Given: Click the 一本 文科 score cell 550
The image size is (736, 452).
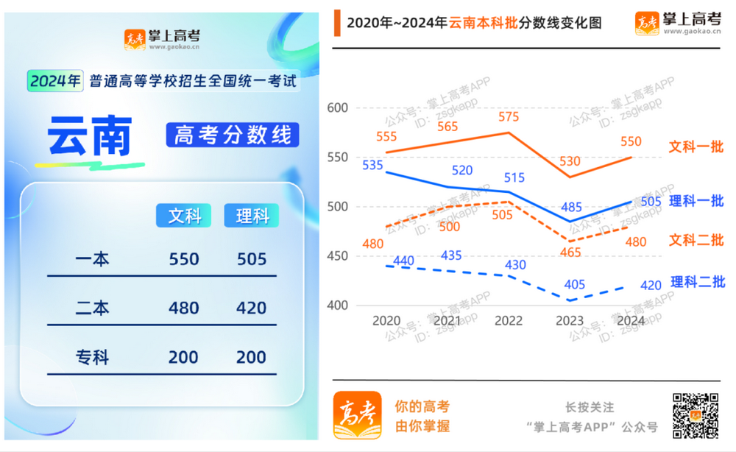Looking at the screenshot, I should (x=184, y=259).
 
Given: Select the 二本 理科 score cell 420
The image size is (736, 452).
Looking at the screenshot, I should (x=251, y=308).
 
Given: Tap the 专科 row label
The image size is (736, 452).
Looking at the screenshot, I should (x=93, y=358).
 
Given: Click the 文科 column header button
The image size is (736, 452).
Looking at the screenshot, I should (x=184, y=216).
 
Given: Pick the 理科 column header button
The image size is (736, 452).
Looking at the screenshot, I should (x=252, y=216).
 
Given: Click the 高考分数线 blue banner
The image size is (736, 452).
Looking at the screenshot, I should (x=233, y=135).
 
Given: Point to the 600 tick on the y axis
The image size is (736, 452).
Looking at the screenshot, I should (x=337, y=108).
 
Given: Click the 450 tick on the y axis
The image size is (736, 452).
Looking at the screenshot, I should (x=337, y=256).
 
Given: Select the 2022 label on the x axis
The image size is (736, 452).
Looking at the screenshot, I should (x=509, y=321).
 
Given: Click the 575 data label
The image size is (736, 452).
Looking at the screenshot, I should (x=509, y=117).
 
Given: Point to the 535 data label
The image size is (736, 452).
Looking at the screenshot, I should (x=373, y=165).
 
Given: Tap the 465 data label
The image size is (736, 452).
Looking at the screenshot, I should (x=570, y=253).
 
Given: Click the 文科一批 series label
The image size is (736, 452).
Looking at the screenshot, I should (x=696, y=147).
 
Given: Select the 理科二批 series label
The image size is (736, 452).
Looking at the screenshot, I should (x=697, y=282).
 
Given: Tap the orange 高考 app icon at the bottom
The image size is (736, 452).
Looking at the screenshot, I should (x=357, y=415).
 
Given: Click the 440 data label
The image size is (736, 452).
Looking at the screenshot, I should (x=403, y=261).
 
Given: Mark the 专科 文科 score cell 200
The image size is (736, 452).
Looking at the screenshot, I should (x=184, y=358).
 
